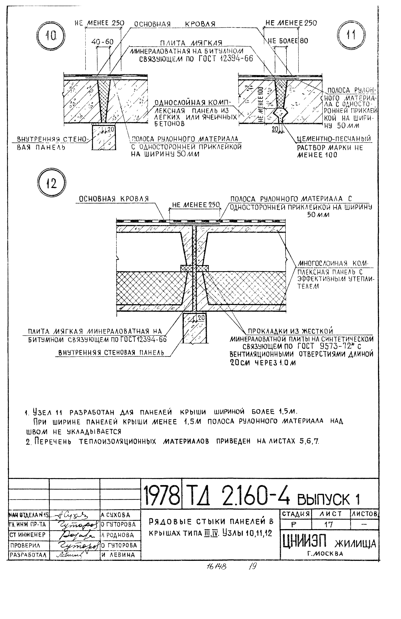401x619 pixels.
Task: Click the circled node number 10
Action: coord(51,36)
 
